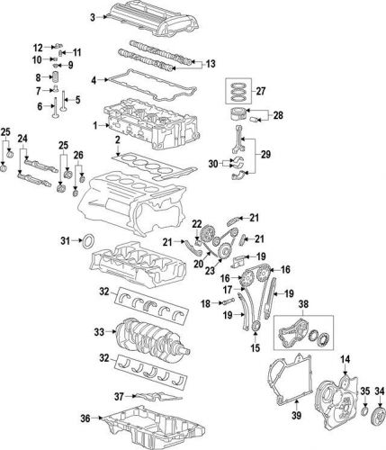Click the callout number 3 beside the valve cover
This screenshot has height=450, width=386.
tap(94, 17)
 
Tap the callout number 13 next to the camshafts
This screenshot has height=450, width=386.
tap(210, 64)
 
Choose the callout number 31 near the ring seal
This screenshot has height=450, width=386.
tap(64, 239)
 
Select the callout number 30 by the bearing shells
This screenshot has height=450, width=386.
tap(212, 164)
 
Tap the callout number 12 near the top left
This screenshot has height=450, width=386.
tap(39, 47)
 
